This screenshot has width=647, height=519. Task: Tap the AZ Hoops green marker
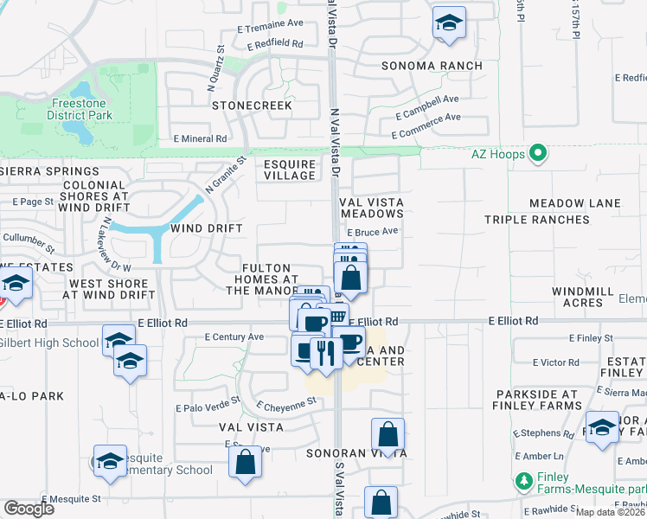[x=539, y=154]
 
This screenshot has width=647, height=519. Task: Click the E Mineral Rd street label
[x=200, y=138]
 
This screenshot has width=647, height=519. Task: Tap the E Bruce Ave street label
[x=372, y=232]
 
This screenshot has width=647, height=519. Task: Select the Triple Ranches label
[x=536, y=220]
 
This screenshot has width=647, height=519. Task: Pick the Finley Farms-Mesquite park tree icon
[x=522, y=480]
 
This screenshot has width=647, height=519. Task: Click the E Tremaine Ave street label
[x=271, y=25]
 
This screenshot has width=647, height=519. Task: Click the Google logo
[x=29, y=509]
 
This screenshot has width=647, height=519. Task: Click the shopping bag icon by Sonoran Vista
[x=388, y=434]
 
